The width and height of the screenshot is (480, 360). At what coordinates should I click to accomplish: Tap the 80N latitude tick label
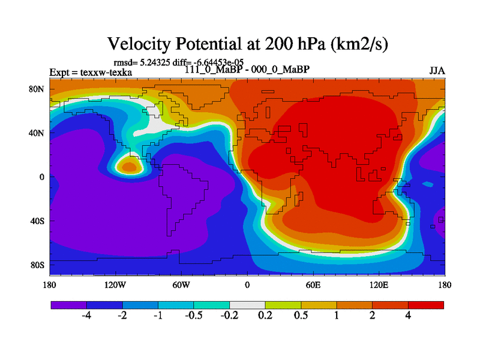(39, 89)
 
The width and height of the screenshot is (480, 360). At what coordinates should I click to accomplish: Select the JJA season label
(437, 70)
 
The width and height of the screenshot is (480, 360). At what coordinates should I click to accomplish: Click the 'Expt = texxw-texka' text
(91, 73)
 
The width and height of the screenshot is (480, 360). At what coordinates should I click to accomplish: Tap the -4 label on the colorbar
(86, 316)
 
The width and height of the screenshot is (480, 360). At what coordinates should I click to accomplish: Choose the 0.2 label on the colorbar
(265, 316)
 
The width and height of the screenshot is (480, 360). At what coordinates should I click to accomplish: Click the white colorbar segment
(247, 305)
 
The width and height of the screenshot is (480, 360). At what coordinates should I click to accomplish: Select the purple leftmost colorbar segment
(68, 305)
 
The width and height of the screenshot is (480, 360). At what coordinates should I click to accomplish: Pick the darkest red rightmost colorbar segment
(426, 305)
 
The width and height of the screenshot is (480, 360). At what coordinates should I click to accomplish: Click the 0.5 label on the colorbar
(301, 316)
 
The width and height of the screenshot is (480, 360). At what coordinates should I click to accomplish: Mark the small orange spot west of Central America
(127, 163)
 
